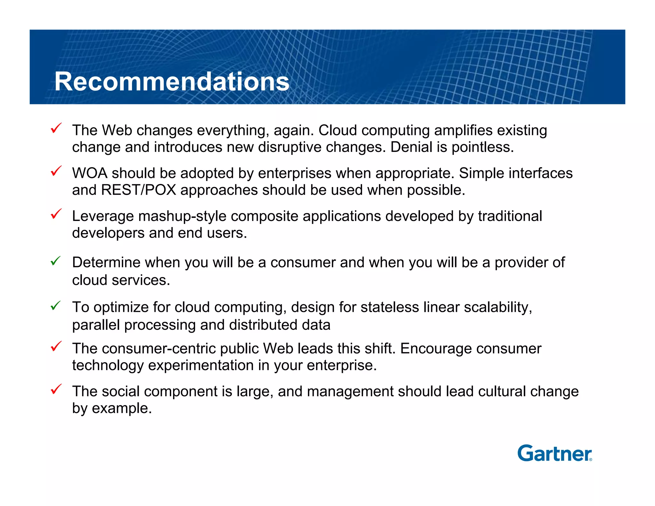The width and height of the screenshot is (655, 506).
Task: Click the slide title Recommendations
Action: pyautogui.click(x=172, y=82)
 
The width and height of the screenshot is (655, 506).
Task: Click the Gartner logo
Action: pyautogui.click(x=554, y=453)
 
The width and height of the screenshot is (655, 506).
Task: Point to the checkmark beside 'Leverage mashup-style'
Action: pyautogui.click(x=56, y=214)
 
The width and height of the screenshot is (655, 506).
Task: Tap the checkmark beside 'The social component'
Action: pyautogui.click(x=56, y=389)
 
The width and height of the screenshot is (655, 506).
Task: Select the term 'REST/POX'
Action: pyautogui.click(x=138, y=190)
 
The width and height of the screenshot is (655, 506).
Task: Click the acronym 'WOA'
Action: pyautogui.click(x=90, y=173)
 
